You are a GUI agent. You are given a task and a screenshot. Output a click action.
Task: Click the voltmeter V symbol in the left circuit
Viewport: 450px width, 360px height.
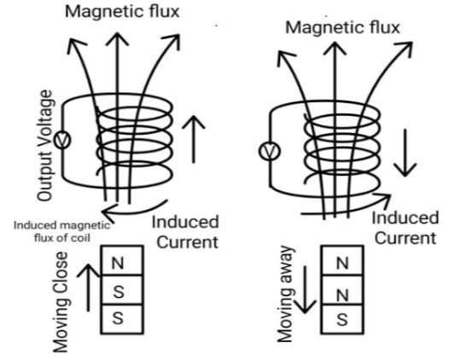(61, 139)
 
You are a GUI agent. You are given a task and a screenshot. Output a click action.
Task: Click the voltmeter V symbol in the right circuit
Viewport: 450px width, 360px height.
(266, 152)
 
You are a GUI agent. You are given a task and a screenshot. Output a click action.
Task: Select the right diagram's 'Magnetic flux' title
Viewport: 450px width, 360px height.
(342, 27)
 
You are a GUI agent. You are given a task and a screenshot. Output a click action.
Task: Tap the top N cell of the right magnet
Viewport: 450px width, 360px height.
(341, 264)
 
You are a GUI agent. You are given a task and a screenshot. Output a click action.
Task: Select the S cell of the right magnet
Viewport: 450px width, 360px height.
(341, 319)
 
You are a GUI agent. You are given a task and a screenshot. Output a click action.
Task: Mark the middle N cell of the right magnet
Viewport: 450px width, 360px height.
(341, 292)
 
